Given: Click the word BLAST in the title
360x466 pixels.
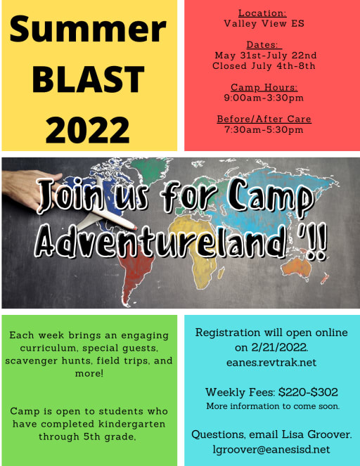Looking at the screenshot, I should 88,79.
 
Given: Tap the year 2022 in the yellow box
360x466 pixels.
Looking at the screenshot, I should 88,129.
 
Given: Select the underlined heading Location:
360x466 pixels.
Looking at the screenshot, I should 262,13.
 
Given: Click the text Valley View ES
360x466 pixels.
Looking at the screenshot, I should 264,23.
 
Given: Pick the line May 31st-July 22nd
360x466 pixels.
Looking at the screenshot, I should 265,56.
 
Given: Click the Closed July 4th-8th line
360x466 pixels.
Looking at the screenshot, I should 264,66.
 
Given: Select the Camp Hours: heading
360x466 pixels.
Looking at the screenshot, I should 264,88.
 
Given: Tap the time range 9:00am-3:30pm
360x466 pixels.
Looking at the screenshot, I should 264,98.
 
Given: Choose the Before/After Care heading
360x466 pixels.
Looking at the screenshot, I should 264,119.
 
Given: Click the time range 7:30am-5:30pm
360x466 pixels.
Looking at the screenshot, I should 264,130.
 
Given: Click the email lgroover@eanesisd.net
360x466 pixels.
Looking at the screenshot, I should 271,449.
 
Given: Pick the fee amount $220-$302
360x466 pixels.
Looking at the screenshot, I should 310,392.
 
